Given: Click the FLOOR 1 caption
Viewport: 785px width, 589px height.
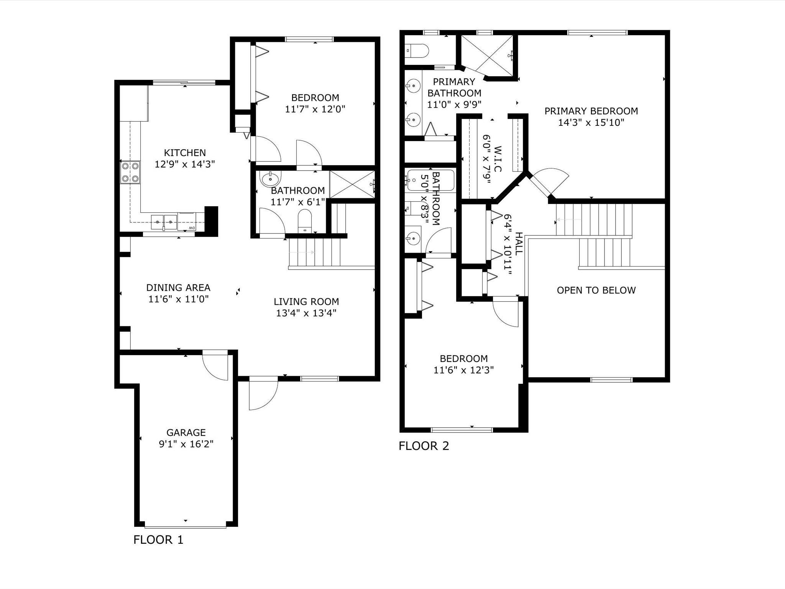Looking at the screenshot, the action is coord(158,540).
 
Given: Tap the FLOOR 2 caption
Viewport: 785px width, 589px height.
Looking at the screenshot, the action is coord(424,446).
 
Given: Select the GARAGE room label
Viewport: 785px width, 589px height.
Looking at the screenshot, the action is coord(186,433).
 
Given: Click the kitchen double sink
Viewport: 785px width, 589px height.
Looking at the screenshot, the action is coord(164,222).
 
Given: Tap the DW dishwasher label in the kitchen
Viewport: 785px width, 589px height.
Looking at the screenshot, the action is coord(191,228).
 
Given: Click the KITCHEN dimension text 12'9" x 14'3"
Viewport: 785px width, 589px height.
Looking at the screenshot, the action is coord(185,165).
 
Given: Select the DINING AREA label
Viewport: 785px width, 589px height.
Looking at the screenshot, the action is coord(178,288).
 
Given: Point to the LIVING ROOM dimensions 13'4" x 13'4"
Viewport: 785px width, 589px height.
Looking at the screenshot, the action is coord(306,313).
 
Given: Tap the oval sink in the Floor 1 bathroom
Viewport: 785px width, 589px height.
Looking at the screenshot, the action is coord(270,178).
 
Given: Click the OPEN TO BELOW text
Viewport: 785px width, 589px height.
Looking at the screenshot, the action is coord(596,290).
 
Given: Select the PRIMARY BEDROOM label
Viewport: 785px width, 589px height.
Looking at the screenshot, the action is coord(591,111).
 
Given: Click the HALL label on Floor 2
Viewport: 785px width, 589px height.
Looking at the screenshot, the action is coord(518,244).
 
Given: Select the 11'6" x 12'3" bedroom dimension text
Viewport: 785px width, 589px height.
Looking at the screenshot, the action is coord(463,370).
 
